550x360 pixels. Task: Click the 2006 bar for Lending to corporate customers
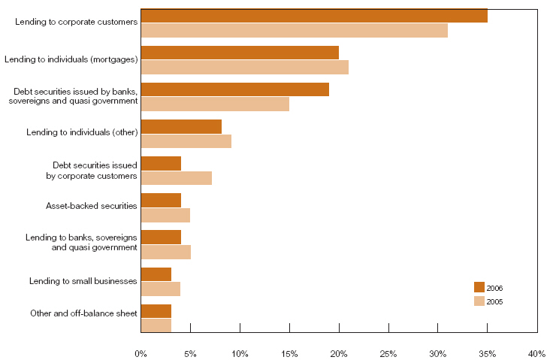tap(314, 16)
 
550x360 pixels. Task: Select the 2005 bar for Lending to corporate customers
tap(294, 30)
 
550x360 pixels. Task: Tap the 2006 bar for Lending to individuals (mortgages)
tap(240, 53)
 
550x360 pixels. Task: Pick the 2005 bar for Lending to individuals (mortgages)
tap(244, 67)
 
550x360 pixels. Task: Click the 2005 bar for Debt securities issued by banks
tap(215, 104)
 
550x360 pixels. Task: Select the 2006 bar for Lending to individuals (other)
tap(181, 126)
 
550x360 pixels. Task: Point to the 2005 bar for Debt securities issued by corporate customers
tap(176, 177)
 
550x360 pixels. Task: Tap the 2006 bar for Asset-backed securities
tap(161, 200)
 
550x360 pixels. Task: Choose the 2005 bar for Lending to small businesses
tap(160, 289)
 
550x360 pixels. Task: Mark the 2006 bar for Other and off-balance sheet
tap(156, 311)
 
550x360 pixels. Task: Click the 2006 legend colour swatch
tap(479, 287)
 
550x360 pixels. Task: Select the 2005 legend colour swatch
tap(479, 301)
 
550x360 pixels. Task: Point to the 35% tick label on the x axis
tap(487, 352)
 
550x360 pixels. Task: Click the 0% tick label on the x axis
tap(141, 352)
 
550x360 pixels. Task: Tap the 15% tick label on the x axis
tap(289, 352)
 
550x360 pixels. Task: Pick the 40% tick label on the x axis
tap(536, 352)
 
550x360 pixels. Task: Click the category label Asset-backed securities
tap(92, 205)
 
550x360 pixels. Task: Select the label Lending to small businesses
tap(83, 280)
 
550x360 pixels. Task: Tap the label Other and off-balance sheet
tap(83, 313)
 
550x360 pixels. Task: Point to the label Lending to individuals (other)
tap(82, 132)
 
